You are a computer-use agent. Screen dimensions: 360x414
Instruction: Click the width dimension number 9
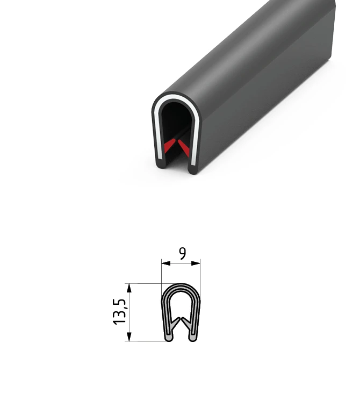(182, 253)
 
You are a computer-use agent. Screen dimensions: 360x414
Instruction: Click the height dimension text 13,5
(119, 311)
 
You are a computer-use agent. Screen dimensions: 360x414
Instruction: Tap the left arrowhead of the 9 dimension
(165, 263)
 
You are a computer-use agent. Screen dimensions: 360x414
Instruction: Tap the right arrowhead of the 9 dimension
(196, 263)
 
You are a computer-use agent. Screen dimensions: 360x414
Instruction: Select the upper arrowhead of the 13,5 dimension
(129, 288)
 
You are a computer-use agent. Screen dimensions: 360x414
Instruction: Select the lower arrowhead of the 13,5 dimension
(129, 337)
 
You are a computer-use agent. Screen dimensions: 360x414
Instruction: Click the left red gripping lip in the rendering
(169, 146)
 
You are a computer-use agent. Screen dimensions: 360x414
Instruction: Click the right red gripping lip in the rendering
(184, 148)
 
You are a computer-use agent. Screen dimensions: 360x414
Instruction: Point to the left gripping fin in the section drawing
(176, 324)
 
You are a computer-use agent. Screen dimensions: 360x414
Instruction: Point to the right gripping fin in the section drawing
(186, 324)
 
